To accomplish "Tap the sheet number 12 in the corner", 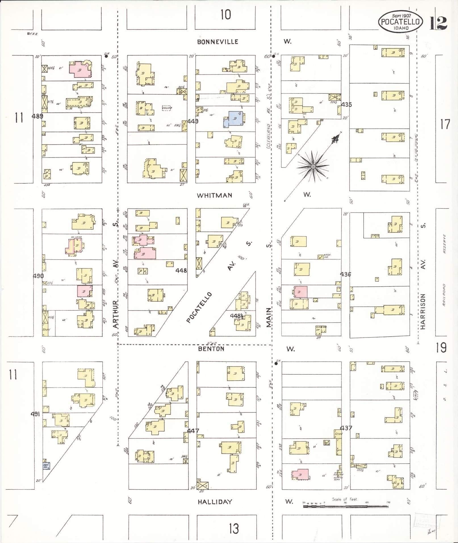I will (x=438, y=23).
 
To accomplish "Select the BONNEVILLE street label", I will (x=218, y=42).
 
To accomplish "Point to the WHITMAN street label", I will (x=215, y=195).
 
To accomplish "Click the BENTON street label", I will (x=211, y=349).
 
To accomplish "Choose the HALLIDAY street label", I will (x=215, y=502).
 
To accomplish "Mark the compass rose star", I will (x=313, y=167).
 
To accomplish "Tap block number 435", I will (x=346, y=104).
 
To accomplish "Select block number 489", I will (x=37, y=116).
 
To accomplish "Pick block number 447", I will (x=193, y=431).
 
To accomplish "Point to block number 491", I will (x=35, y=414).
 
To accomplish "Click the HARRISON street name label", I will (x=423, y=311).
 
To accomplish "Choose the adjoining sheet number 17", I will (x=445, y=124).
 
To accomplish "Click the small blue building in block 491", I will (x=46, y=466).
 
